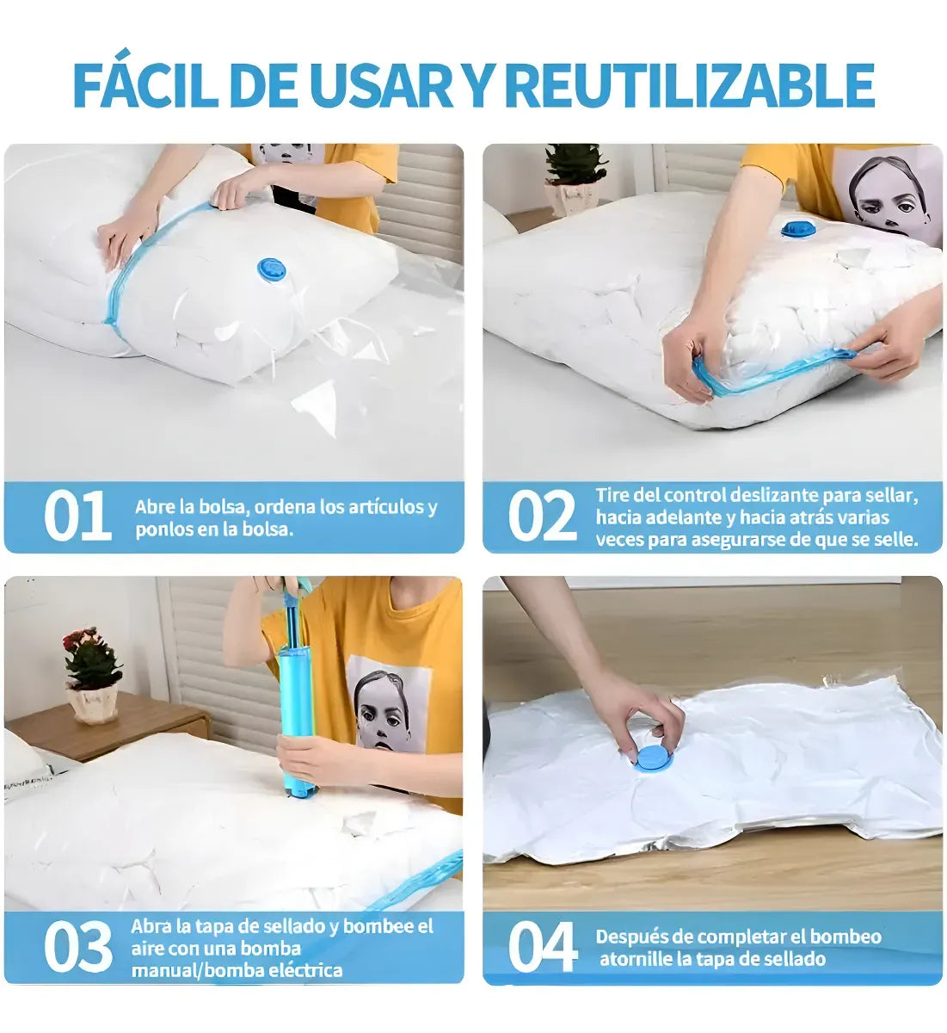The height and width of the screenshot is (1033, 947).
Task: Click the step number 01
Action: pos(77,516)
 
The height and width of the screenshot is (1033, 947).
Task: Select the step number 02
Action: pos(542,516)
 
